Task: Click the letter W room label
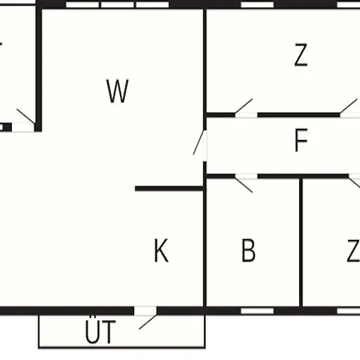118,91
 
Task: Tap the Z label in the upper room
301,55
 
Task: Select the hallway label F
302,140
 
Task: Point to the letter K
162,250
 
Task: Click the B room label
248,250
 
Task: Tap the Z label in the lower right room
354,250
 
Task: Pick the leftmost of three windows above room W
82,5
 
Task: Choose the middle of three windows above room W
118,5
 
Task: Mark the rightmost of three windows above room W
152,5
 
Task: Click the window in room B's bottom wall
258,311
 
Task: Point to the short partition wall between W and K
170,189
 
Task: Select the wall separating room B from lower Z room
301,242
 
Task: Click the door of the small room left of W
25,122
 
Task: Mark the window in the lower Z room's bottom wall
349,311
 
